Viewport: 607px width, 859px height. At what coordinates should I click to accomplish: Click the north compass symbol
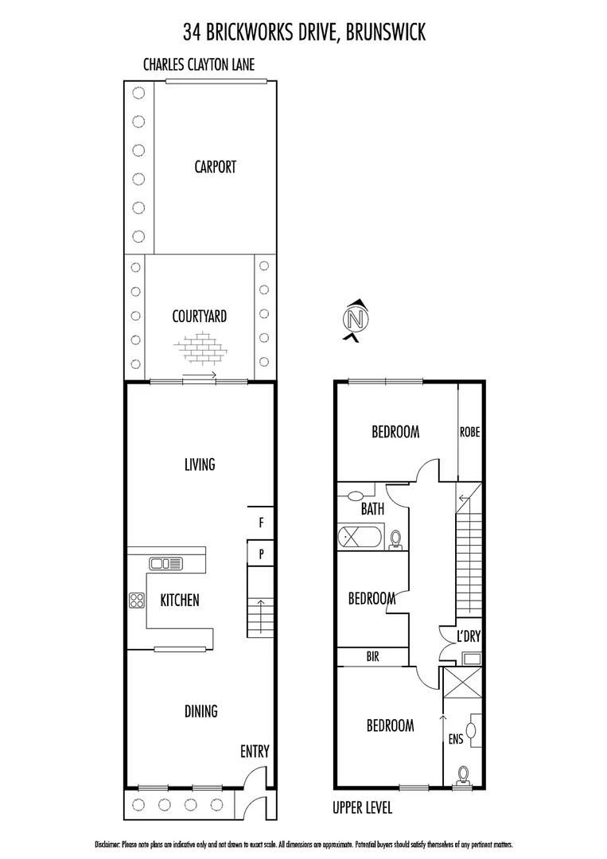click(355, 320)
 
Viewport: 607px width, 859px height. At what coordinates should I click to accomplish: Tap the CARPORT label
click(215, 167)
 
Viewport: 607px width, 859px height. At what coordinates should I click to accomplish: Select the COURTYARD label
click(200, 316)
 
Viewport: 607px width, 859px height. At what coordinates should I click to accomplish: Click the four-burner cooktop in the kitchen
click(136, 601)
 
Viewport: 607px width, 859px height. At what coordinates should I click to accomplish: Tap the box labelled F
click(260, 523)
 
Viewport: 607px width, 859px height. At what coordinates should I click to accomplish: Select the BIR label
click(372, 657)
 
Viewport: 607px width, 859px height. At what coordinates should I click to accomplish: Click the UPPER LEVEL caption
click(362, 808)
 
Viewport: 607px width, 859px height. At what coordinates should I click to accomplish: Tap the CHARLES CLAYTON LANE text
click(199, 64)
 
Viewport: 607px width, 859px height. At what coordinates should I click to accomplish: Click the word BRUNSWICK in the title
click(385, 32)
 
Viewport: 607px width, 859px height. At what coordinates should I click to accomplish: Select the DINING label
click(200, 711)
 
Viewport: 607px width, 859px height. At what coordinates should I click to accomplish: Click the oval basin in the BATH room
click(355, 496)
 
